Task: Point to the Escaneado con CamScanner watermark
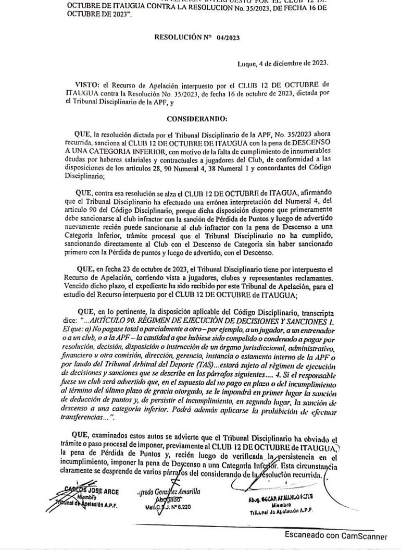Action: click(x=335, y=536)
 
